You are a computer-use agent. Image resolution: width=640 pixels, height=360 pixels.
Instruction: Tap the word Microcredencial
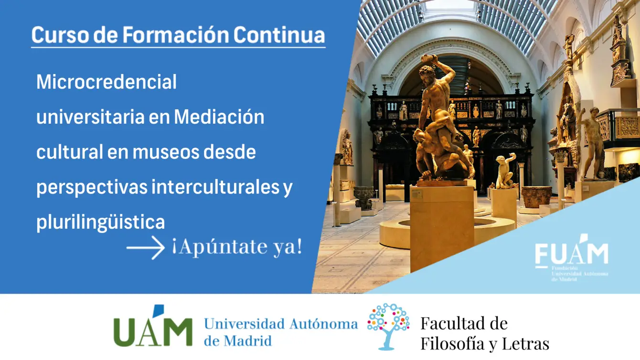click(x=107, y=82)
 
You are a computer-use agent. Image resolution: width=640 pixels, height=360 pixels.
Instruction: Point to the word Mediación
click(x=219, y=117)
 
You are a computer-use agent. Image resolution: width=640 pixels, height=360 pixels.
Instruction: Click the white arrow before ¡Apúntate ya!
click(x=146, y=247)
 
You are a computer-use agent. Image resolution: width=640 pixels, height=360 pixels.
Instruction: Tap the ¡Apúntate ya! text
click(x=237, y=247)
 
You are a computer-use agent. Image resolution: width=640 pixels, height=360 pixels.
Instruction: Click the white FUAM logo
click(x=571, y=257)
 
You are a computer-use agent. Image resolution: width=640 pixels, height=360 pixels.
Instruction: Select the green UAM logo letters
click(x=153, y=326)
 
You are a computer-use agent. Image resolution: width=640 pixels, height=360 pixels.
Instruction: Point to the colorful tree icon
click(x=388, y=326)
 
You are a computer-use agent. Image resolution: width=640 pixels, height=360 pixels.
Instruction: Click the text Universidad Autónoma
click(x=281, y=324)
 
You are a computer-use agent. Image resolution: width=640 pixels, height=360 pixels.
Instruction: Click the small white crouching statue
click(x=505, y=170)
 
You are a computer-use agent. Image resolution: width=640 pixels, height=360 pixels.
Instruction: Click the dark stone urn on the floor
click(x=364, y=198)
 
